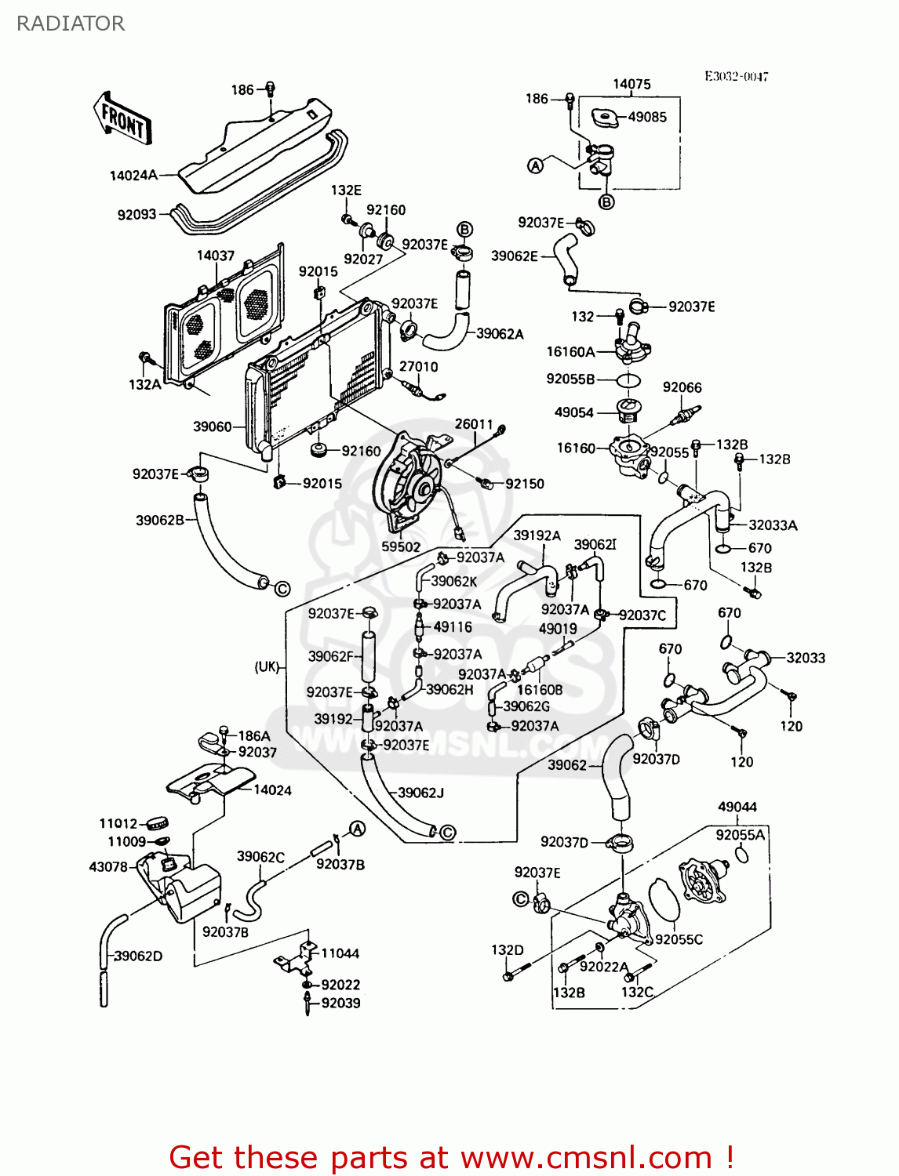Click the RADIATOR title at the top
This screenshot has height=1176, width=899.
coord(71,24)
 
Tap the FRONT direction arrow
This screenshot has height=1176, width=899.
coord(122,120)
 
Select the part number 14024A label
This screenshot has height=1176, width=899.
coord(133,176)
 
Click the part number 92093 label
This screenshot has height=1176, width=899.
coord(137,214)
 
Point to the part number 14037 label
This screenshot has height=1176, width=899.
coord(216,256)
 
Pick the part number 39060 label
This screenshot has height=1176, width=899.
coord(213,426)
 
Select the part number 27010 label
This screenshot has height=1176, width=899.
coord(418,367)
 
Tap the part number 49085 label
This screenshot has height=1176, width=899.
coord(647,117)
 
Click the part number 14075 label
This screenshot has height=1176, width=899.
coord(631,84)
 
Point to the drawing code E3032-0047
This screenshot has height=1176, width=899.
coord(736,76)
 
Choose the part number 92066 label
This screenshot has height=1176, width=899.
coord(682,387)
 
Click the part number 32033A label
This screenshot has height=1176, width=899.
coord(773,525)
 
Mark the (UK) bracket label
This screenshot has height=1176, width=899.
coord(267,666)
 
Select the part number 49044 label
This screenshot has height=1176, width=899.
coord(737,807)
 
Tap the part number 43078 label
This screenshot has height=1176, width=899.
coord(108,866)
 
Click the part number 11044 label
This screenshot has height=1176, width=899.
coord(340,953)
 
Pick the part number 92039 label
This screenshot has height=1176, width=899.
coord(340,1003)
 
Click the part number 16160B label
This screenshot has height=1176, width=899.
coord(540,690)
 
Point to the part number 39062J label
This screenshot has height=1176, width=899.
coord(420,793)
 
